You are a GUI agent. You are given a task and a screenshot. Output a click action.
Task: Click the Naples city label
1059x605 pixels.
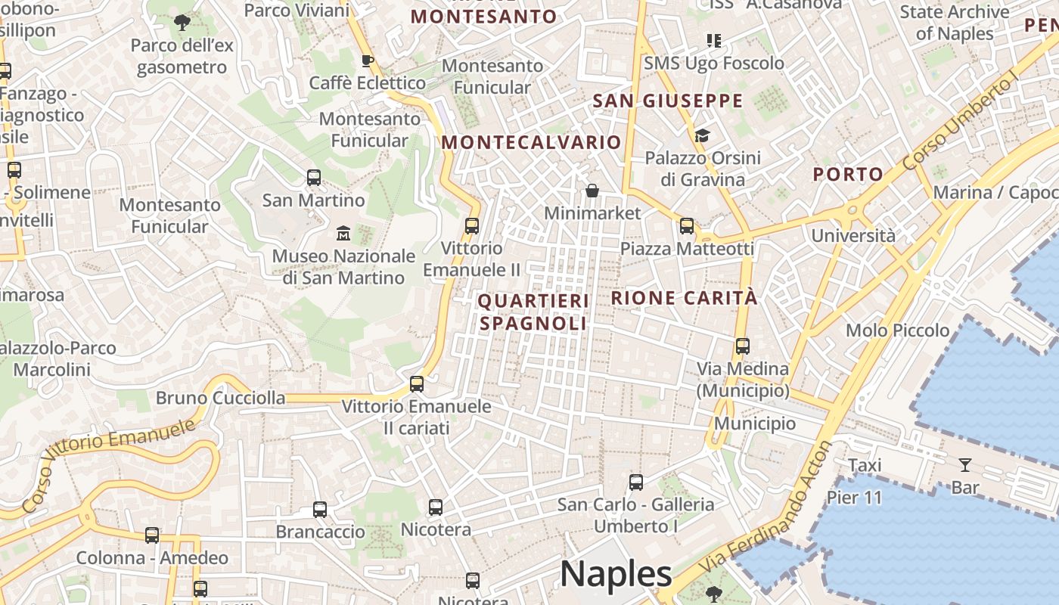[x=616, y=574]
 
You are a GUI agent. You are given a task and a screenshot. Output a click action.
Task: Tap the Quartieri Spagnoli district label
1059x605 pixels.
[x=533, y=312]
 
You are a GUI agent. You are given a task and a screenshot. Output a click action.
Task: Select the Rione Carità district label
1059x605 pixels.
[x=684, y=298]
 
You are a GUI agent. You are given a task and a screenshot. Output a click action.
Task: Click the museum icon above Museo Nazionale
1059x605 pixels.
[x=343, y=233]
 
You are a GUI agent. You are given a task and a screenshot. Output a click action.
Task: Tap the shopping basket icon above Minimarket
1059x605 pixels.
[x=592, y=190]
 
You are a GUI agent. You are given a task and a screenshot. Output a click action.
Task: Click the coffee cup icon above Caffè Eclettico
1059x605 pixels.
[x=368, y=60]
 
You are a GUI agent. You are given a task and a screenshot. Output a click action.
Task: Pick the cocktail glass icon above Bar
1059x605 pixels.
[x=965, y=464]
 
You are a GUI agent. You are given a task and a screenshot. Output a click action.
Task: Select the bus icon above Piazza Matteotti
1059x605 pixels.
[x=687, y=225]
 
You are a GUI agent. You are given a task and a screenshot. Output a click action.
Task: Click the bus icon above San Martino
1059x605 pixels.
[x=314, y=178]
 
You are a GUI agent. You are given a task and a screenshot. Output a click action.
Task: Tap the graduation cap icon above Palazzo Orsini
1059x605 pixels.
[x=703, y=135]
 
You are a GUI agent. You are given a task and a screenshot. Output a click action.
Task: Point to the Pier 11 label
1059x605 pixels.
[x=854, y=498]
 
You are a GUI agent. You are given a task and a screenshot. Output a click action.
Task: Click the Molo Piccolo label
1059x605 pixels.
[x=897, y=330]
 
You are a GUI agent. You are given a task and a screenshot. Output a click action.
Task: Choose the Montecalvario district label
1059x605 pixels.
[x=531, y=142]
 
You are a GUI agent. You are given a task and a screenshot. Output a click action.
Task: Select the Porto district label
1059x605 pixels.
[x=848, y=175]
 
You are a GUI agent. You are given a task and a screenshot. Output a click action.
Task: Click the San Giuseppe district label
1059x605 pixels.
[x=668, y=101]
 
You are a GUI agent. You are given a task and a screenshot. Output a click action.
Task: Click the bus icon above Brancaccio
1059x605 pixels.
[x=320, y=510]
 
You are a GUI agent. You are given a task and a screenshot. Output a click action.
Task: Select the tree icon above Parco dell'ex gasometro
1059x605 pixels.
[x=182, y=23]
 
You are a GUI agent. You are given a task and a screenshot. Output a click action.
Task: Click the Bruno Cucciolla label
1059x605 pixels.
[x=221, y=398]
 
